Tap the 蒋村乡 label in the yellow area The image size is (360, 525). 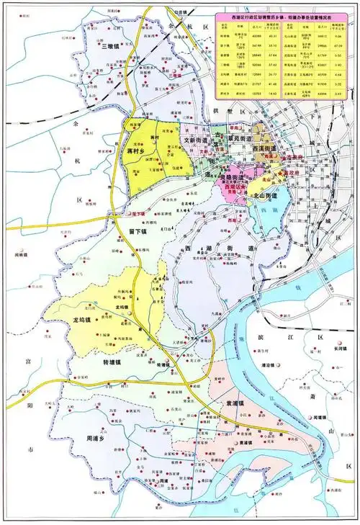[135, 153]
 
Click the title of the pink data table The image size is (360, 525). [284, 17]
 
